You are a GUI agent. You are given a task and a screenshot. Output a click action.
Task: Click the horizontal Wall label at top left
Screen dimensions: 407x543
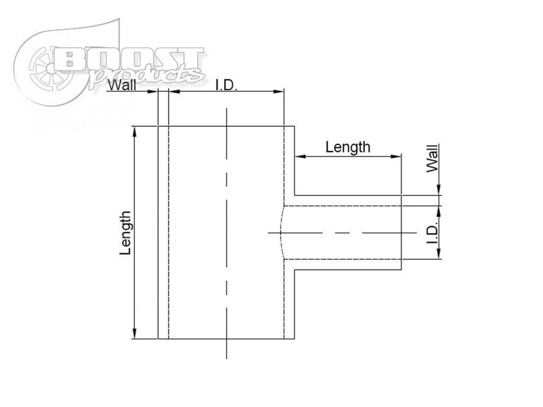click(122, 86)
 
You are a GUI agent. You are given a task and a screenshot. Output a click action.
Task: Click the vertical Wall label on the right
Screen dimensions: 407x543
click(433, 158)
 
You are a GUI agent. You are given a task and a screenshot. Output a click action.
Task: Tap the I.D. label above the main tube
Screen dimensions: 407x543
click(226, 86)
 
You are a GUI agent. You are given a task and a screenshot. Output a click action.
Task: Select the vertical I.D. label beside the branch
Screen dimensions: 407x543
click(433, 233)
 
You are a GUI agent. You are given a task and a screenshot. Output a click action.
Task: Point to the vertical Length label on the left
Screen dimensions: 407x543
click(126, 233)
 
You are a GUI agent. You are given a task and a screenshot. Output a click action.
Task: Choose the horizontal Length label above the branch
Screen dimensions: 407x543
click(348, 147)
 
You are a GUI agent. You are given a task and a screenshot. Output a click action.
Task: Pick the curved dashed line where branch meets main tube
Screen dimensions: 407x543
click(281, 233)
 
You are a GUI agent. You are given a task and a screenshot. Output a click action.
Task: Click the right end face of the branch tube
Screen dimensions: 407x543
click(402, 233)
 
